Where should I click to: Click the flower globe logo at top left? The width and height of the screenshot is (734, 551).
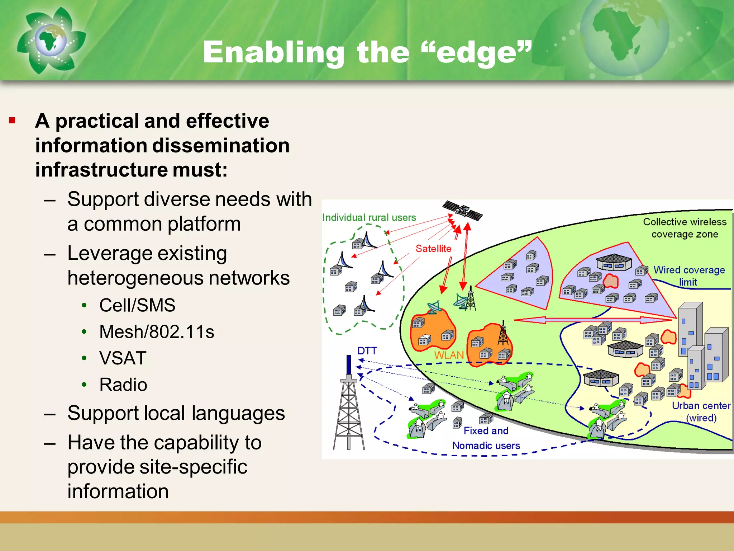click(x=50, y=40)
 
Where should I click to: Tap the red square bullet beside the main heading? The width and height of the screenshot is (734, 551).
click(x=13, y=121)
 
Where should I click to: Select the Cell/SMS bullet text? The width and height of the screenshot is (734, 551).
click(x=137, y=305)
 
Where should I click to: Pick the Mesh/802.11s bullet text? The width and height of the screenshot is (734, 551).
click(x=157, y=331)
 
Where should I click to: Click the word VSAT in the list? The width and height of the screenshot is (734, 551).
click(x=123, y=358)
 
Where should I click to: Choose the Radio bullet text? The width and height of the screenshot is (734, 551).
click(x=123, y=385)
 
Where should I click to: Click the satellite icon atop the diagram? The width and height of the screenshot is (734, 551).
click(x=462, y=211)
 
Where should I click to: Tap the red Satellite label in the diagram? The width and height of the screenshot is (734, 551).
click(x=433, y=249)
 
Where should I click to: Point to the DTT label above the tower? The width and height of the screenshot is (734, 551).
click(x=367, y=350)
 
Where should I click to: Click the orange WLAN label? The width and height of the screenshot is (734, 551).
click(x=449, y=355)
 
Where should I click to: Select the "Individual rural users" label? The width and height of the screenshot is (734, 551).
click(x=369, y=217)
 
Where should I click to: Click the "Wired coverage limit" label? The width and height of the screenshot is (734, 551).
click(x=688, y=275)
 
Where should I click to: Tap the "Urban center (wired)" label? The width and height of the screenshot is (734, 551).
click(x=701, y=411)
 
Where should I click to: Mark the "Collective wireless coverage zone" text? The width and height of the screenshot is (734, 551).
click(x=685, y=228)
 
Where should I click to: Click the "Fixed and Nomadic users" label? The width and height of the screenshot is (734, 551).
click(x=486, y=438)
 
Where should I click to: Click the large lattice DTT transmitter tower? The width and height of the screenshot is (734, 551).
click(x=349, y=409)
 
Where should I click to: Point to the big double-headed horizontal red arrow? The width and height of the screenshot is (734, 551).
click(x=593, y=320)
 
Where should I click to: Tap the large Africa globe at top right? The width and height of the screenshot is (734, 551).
click(x=624, y=36)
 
